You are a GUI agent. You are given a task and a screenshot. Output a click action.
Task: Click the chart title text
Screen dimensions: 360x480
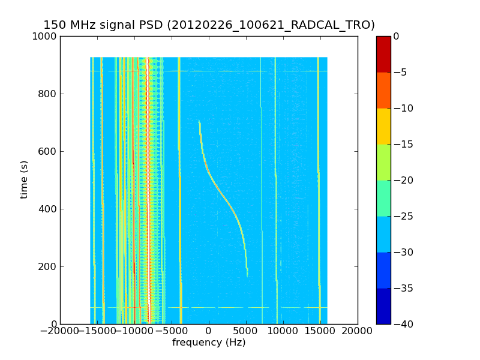click(x=209, y=25)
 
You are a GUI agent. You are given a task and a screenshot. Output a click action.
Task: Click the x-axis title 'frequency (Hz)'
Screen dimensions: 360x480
click(x=209, y=343)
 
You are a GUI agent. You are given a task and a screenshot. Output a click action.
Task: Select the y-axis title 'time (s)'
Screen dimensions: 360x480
click(x=25, y=179)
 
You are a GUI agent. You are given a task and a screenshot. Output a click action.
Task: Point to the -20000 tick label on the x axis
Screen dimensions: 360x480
click(x=60, y=331)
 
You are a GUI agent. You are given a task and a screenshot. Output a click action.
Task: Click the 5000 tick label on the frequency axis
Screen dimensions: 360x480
click(x=246, y=331)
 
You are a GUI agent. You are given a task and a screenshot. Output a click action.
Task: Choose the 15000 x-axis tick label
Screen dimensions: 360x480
click(x=320, y=331)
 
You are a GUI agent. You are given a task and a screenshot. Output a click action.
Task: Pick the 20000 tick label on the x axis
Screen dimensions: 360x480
click(x=358, y=331)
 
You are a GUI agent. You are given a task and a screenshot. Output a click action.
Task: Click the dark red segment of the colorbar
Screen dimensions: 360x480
click(x=383, y=54)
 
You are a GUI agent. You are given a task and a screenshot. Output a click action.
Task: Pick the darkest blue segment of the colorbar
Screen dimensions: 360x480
click(x=383, y=306)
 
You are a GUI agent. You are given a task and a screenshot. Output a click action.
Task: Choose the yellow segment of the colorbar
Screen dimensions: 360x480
click(x=383, y=126)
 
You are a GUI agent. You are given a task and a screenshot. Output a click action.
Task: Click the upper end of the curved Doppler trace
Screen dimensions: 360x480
click(x=199, y=121)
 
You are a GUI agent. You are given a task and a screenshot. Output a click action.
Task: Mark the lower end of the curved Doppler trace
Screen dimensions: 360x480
click(x=247, y=275)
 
